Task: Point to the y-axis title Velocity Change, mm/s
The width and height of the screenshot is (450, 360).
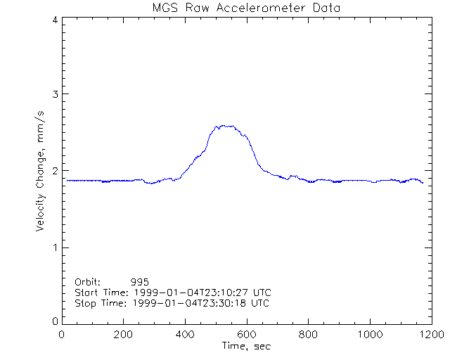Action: coord(41,171)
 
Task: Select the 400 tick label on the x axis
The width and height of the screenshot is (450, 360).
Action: coord(185,335)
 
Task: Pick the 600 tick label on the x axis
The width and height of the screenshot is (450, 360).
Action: coord(246,335)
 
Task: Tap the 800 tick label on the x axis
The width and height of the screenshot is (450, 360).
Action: coord(307,335)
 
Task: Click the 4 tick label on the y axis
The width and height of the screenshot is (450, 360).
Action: coord(54,20)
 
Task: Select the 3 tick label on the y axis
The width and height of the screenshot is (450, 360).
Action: coord(54,94)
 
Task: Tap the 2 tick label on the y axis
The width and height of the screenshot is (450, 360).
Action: coord(54,171)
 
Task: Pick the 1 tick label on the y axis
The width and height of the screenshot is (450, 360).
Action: coord(54,247)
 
